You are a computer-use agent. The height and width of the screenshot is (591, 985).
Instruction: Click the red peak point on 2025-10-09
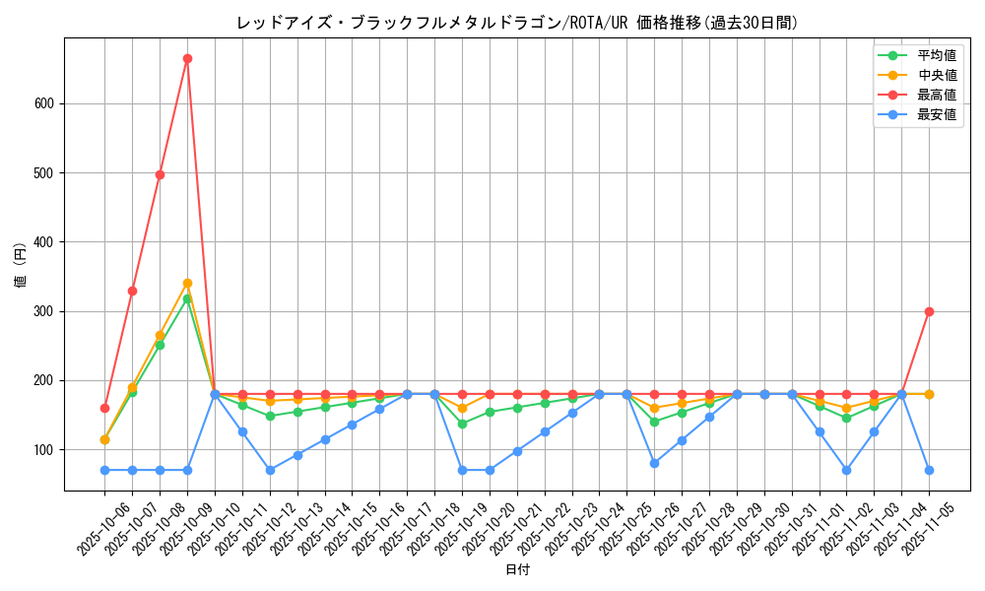187,58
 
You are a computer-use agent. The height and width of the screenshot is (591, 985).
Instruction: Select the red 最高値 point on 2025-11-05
929,311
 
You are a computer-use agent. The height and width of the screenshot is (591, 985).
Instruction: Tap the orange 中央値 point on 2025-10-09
187,283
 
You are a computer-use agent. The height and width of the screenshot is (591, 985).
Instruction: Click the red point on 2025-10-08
160,174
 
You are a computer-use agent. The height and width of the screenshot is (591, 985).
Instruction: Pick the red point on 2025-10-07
132,291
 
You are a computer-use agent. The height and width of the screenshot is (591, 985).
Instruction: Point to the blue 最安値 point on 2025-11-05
929,470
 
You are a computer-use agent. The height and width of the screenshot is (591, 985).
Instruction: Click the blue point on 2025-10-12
270,470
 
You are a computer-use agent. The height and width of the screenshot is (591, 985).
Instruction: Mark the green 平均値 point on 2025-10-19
462,424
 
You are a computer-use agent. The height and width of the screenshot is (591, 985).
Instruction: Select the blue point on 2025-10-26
654,463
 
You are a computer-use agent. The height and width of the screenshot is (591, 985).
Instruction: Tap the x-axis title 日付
517,570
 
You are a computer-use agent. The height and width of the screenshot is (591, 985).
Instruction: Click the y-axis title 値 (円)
21,266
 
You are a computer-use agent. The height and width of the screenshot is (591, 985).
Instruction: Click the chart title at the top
517,23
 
